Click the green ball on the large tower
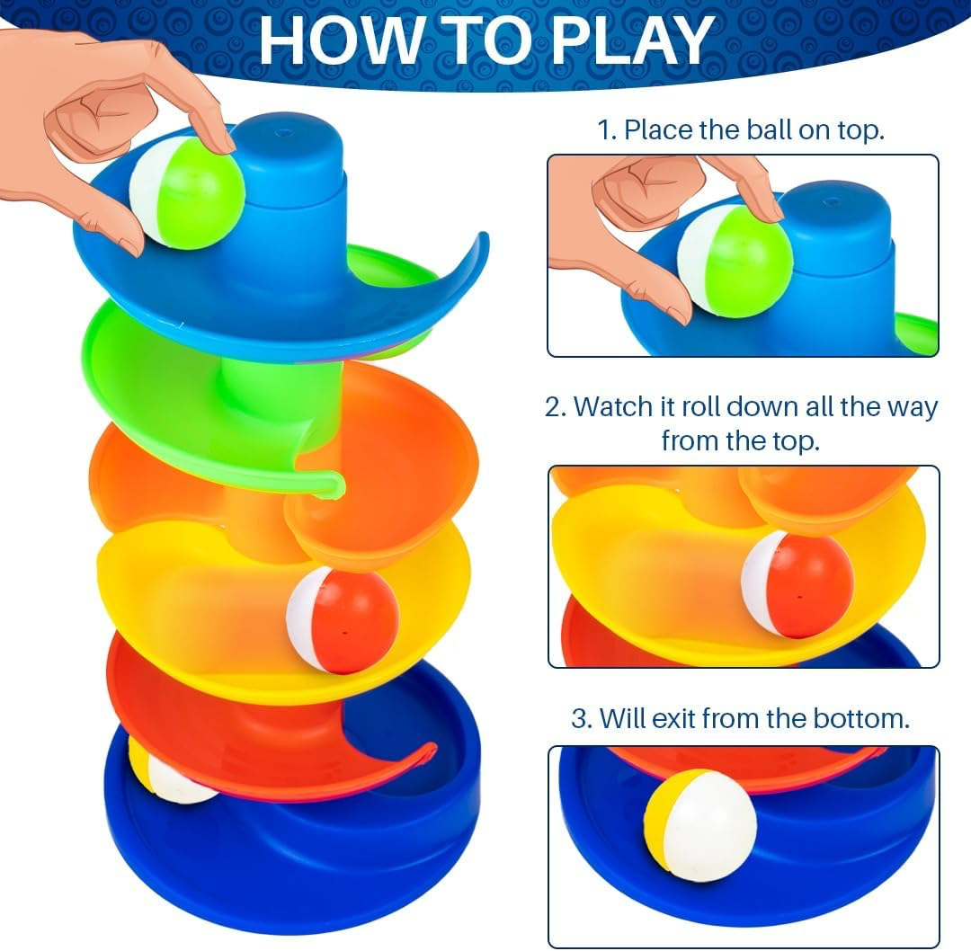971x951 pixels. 187,193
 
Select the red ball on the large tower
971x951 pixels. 342,621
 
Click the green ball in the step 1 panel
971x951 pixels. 735,262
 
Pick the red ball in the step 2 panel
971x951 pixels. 797,584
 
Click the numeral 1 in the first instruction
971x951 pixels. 604,130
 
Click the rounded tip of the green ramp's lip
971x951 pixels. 335,484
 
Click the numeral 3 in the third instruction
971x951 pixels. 580,719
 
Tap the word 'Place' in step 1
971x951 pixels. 659,130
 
